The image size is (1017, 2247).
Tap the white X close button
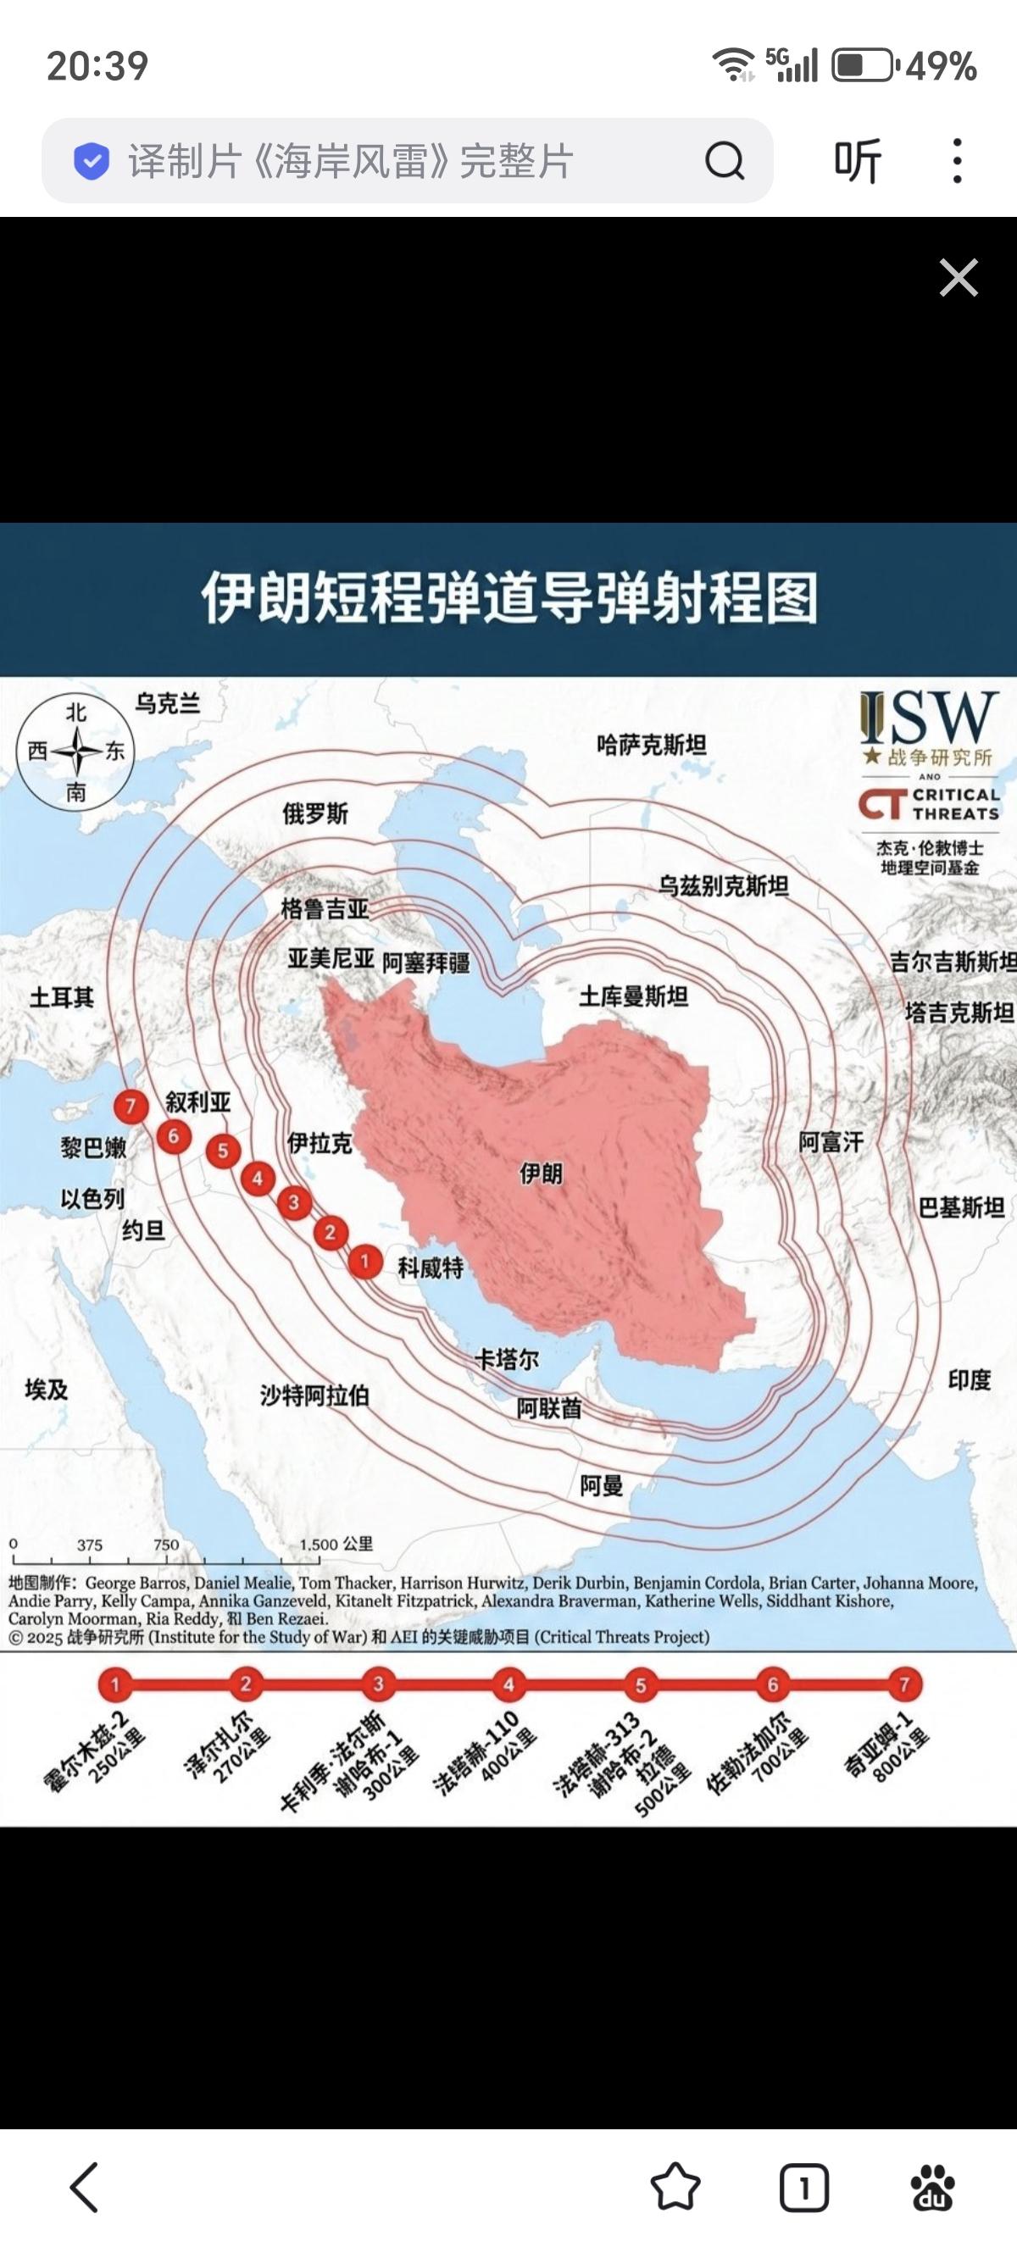coord(958,278)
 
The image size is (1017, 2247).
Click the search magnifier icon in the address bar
coord(724,160)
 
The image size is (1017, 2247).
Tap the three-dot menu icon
coord(957,160)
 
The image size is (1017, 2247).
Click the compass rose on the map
coord(76,751)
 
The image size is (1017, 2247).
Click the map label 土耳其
coord(61,996)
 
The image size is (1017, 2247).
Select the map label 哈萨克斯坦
coord(652,745)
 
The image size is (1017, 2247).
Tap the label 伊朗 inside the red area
coord(541,1173)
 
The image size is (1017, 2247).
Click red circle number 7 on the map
coord(131,1107)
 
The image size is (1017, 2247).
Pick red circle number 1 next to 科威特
coord(364,1261)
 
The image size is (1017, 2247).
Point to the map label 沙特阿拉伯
coord(314,1395)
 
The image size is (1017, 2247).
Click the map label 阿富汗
coord(831,1142)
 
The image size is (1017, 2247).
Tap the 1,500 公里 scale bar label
coord(336,1544)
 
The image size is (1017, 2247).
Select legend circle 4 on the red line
coord(508,1684)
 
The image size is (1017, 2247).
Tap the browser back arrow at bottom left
coord(85,2187)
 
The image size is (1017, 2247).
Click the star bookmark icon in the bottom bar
coord(675,2188)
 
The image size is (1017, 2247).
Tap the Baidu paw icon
coord(932,2188)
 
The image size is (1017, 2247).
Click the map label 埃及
coord(47,1390)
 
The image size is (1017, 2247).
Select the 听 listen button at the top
coord(859,160)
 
